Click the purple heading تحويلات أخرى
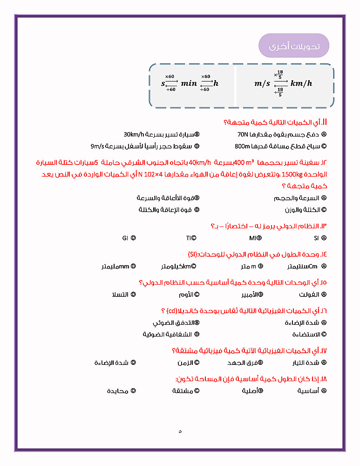click(294, 46)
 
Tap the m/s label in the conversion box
click(262, 84)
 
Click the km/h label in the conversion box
click(301, 84)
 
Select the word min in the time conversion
click(189, 84)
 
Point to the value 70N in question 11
click(244, 134)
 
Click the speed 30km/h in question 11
click(133, 134)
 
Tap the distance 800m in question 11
click(243, 146)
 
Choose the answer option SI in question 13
click(317, 238)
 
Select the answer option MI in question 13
click(253, 238)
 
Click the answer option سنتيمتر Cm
click(303, 267)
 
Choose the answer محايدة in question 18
click(118, 391)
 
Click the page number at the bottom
click(180, 432)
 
